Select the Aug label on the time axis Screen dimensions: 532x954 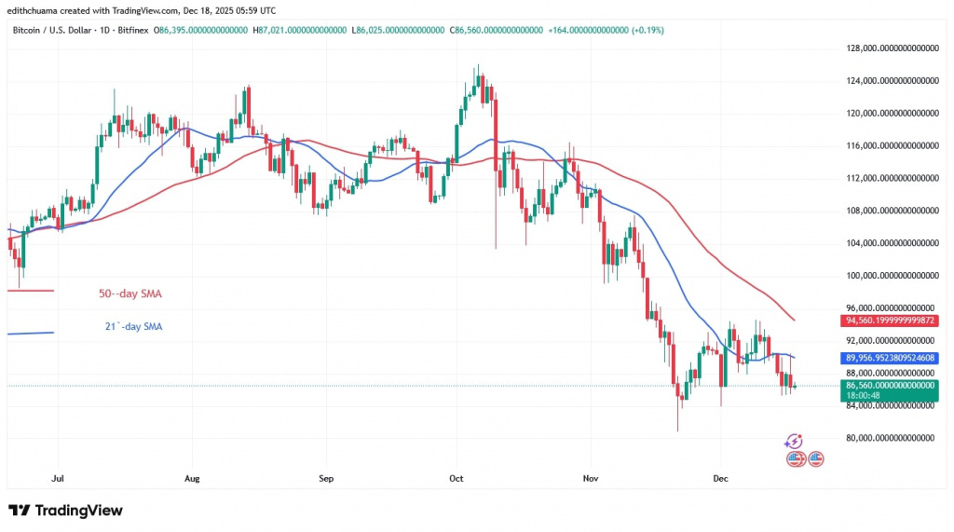point(192,479)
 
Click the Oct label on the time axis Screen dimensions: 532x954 point(457,479)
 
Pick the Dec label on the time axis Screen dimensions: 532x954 point(721,479)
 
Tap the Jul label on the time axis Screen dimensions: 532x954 point(59,479)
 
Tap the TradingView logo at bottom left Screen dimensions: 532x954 point(65,511)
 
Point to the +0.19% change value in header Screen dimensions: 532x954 point(647,31)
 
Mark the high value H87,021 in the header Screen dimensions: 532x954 point(303,31)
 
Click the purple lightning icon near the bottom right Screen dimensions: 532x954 point(794,441)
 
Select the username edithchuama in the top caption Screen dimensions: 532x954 point(39,10)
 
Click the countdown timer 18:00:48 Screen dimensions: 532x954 point(863,395)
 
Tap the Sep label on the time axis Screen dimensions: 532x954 point(326,479)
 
